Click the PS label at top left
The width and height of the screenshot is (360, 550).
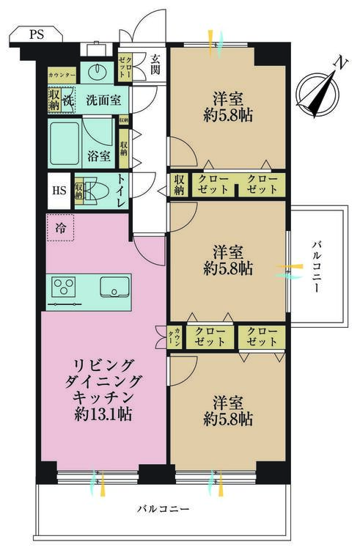click(36, 34)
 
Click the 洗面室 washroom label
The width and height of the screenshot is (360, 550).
click(103, 99)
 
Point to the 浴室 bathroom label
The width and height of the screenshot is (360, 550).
click(99, 155)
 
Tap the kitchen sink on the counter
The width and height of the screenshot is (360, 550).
click(114, 287)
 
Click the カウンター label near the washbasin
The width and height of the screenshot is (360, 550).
click(62, 76)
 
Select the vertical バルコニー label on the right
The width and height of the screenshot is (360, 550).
click(315, 267)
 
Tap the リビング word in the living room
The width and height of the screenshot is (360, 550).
click(102, 364)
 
